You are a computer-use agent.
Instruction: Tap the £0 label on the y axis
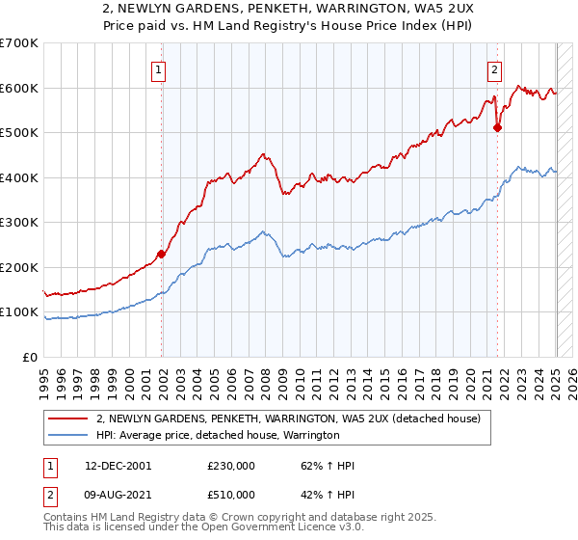pyautogui.click(x=31, y=357)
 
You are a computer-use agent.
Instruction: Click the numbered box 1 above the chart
pyautogui.click(x=157, y=68)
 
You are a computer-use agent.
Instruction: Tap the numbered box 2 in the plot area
pyautogui.click(x=494, y=68)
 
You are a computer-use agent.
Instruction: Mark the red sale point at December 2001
pyautogui.click(x=162, y=255)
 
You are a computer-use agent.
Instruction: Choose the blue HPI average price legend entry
pyautogui.click(x=218, y=436)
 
